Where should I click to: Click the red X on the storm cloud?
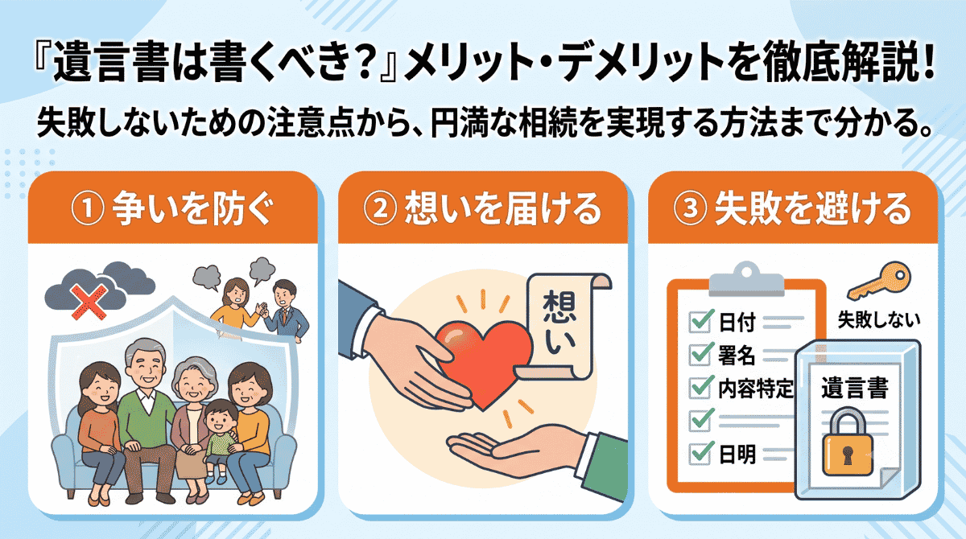[89, 302]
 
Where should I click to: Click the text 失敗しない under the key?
[878, 320]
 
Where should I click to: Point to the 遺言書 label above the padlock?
[854, 388]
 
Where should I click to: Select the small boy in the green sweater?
[220, 439]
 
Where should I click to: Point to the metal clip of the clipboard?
[746, 279]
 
